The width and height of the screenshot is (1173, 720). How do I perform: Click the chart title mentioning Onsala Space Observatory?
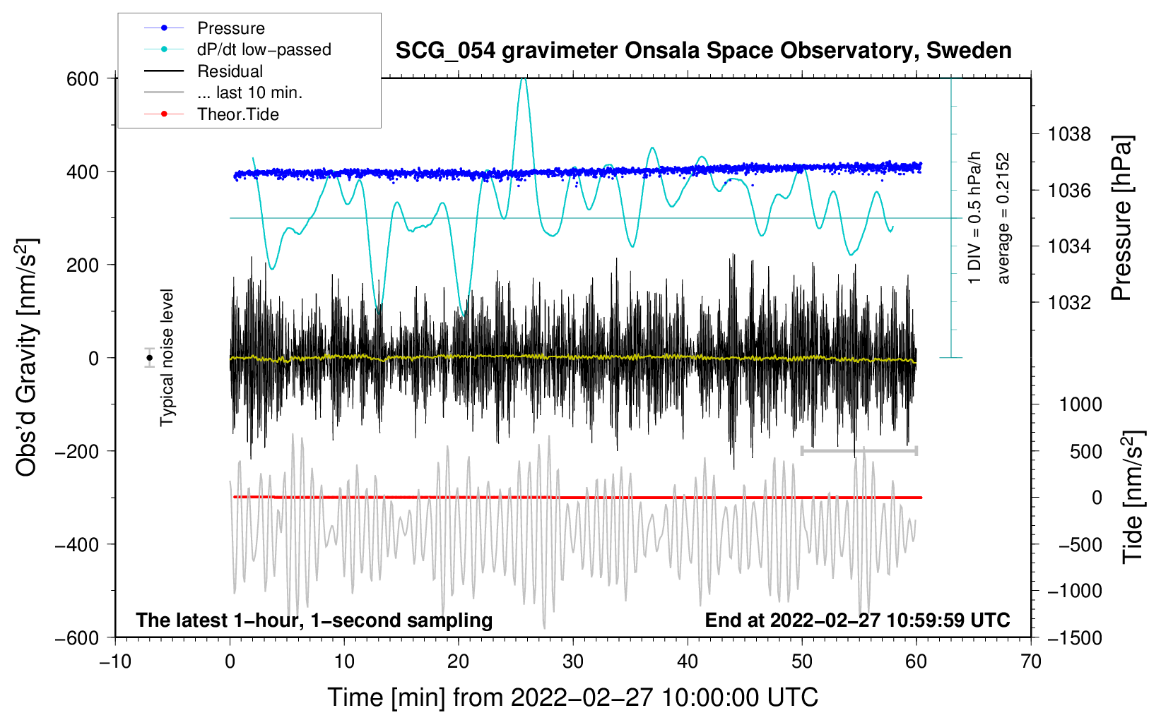point(703,51)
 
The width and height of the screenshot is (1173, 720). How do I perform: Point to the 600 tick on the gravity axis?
point(83,79)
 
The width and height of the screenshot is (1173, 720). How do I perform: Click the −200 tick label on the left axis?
point(77,451)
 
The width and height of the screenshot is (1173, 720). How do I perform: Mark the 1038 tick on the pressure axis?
point(1069,135)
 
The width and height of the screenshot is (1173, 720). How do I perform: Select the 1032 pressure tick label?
point(1069,302)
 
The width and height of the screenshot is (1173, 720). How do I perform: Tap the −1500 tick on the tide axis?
point(1075,638)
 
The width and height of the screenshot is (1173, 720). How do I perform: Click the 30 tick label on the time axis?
point(573,662)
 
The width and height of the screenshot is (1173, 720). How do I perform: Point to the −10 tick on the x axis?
point(115,662)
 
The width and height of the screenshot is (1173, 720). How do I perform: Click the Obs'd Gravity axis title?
point(27,357)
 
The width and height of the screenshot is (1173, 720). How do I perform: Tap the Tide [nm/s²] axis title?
point(1133,497)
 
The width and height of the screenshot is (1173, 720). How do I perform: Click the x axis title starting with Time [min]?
point(573,697)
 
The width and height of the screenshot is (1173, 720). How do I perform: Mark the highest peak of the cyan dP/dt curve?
point(523,78)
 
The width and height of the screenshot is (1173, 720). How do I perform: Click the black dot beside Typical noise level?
point(150,358)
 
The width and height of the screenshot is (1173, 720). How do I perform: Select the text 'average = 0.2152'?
point(1003,218)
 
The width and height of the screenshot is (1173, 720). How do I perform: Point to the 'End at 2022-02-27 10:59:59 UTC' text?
point(857,620)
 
